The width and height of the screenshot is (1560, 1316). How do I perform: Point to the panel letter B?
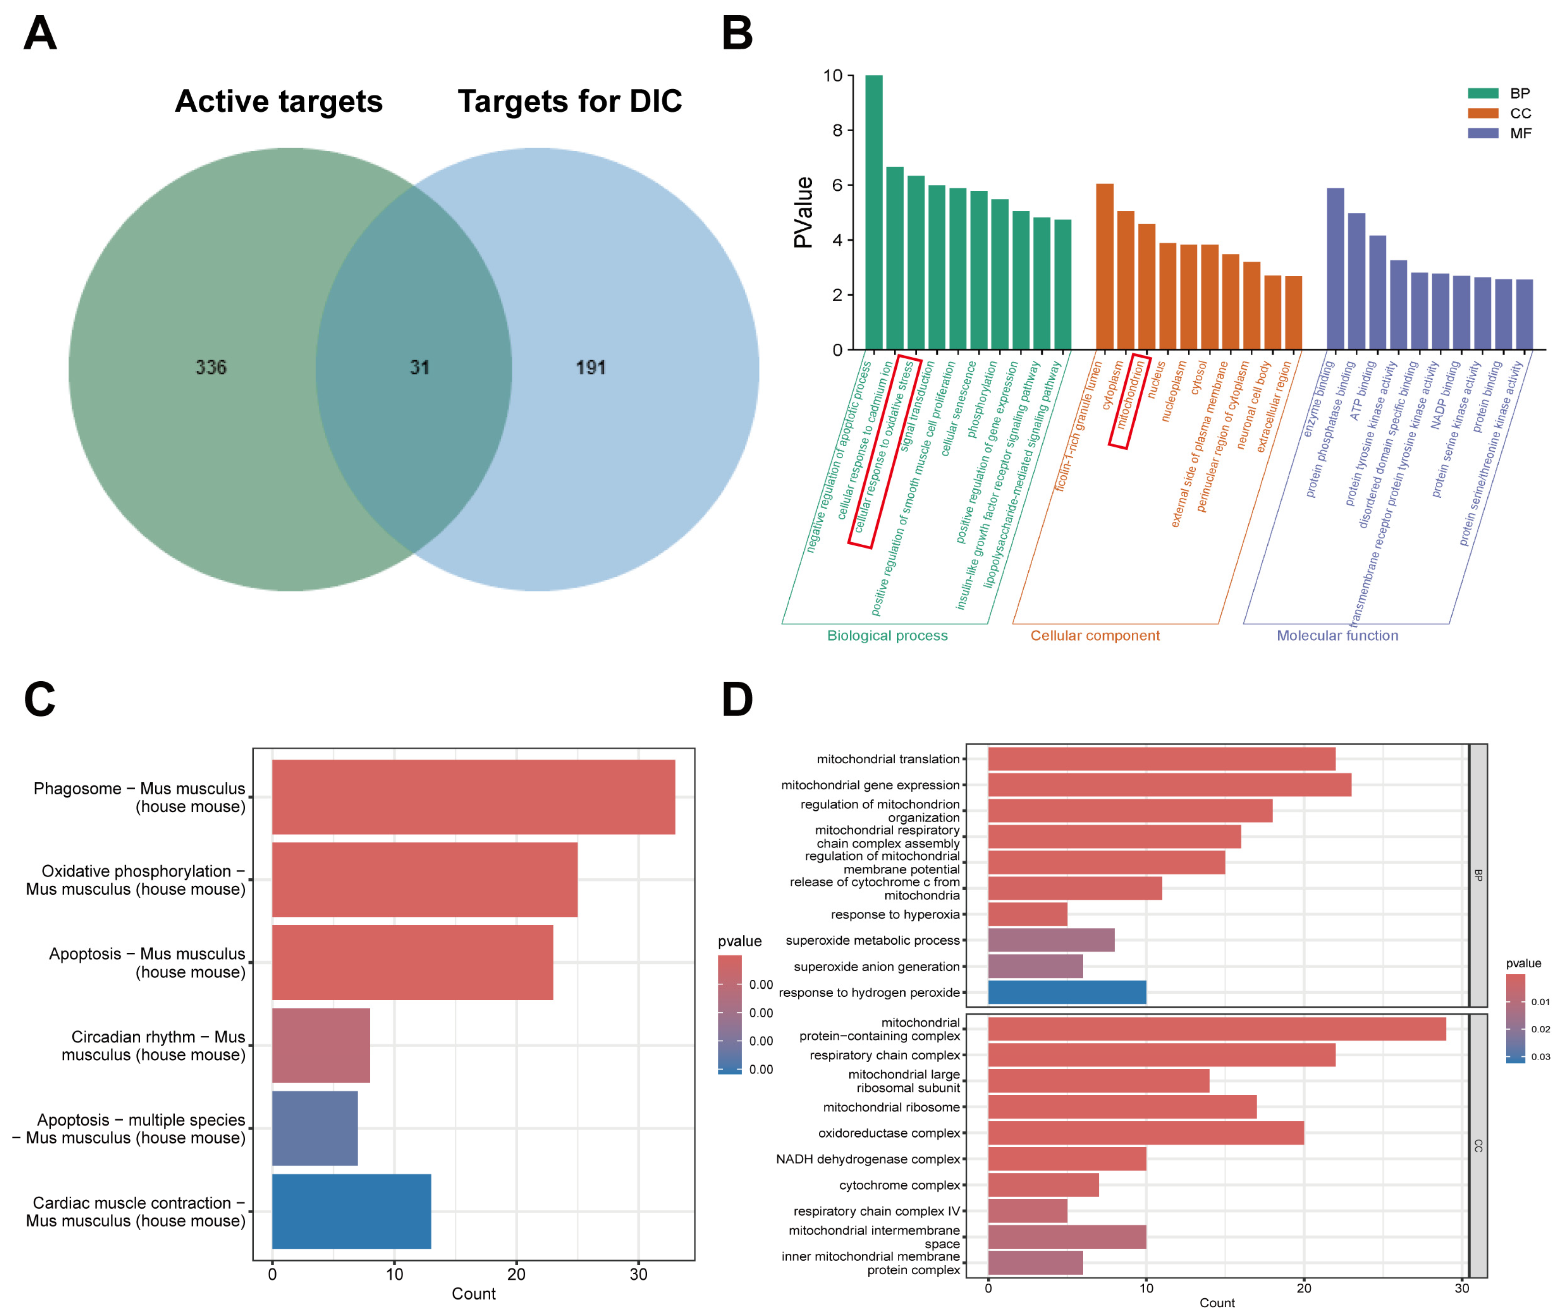pyautogui.click(x=737, y=33)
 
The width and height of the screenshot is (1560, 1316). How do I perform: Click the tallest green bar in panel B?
pyautogui.click(x=873, y=213)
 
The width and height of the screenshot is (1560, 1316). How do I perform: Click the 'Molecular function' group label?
pyautogui.click(x=1337, y=636)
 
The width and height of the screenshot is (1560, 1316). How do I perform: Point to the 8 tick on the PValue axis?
pyautogui.click(x=837, y=131)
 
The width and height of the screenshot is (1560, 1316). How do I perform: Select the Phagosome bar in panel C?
pyautogui.click(x=473, y=797)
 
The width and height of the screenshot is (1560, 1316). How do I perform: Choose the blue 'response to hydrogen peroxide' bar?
pyautogui.click(x=1067, y=992)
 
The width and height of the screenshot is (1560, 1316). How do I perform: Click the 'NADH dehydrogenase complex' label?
pyautogui.click(x=868, y=1159)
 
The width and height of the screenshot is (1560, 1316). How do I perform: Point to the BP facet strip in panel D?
pyautogui.click(x=1478, y=875)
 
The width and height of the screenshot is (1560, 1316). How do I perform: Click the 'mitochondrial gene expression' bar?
pyautogui.click(x=1169, y=785)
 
